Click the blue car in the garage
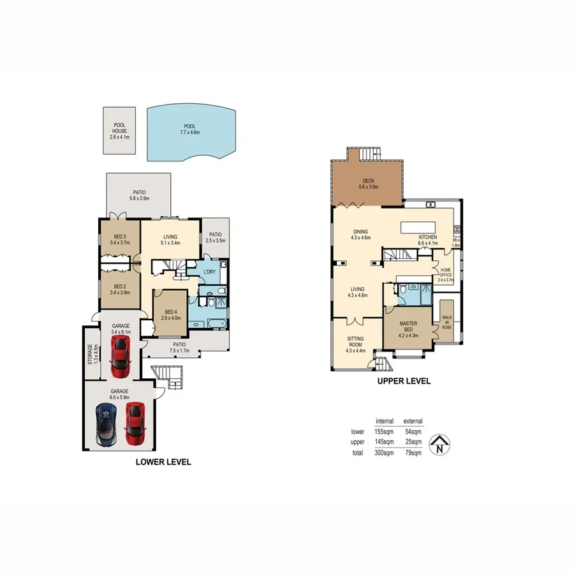pos(106,424)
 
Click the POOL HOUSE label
pos(120,128)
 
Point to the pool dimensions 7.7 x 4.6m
pos(189,133)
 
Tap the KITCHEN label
pos(427,237)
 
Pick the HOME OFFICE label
pos(445,273)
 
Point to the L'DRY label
pos(209,273)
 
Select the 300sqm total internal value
pos(384,453)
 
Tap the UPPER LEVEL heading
pos(404,381)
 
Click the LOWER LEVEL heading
pos(163,462)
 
